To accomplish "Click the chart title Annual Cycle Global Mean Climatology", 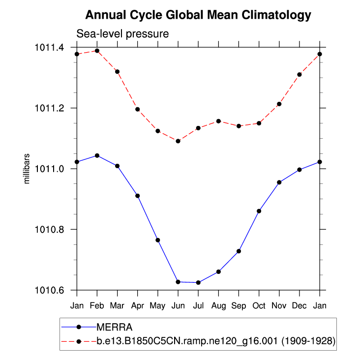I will (198, 15).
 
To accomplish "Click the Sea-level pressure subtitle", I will (122, 34).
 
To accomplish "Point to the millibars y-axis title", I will (28, 169).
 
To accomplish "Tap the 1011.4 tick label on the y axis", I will (50, 48).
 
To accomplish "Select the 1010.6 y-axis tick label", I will (50, 291).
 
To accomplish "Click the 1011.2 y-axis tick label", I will (50, 108).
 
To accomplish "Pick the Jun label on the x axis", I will (178, 305).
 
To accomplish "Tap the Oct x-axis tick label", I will (259, 305).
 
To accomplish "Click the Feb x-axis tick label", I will (97, 305).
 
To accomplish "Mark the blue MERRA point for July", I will (198, 282).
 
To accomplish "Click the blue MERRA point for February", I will (97, 155).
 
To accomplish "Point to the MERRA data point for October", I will (259, 211).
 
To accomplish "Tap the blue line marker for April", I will (138, 196).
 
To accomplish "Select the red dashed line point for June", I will (178, 141).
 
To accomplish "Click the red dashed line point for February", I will (97, 51).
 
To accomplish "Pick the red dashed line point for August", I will (218, 121).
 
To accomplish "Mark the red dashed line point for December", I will (300, 74).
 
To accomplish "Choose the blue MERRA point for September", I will (239, 251).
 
